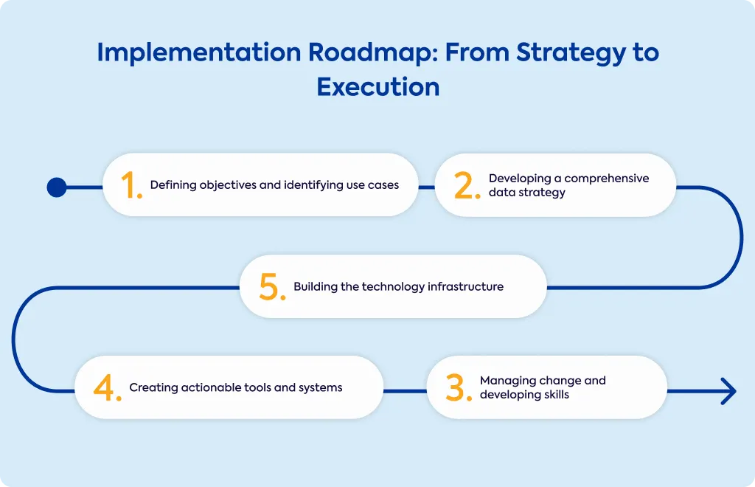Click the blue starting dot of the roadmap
(x=57, y=187)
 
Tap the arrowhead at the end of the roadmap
(x=729, y=390)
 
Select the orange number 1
(x=131, y=185)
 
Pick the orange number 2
(x=467, y=185)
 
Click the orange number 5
(x=272, y=286)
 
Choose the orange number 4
(x=108, y=388)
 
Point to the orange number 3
(x=459, y=388)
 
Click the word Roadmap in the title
(x=374, y=52)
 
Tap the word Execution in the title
(x=378, y=87)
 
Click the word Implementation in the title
(x=199, y=53)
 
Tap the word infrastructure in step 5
(x=466, y=286)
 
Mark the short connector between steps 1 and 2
(x=427, y=187)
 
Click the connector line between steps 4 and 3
(x=405, y=390)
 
